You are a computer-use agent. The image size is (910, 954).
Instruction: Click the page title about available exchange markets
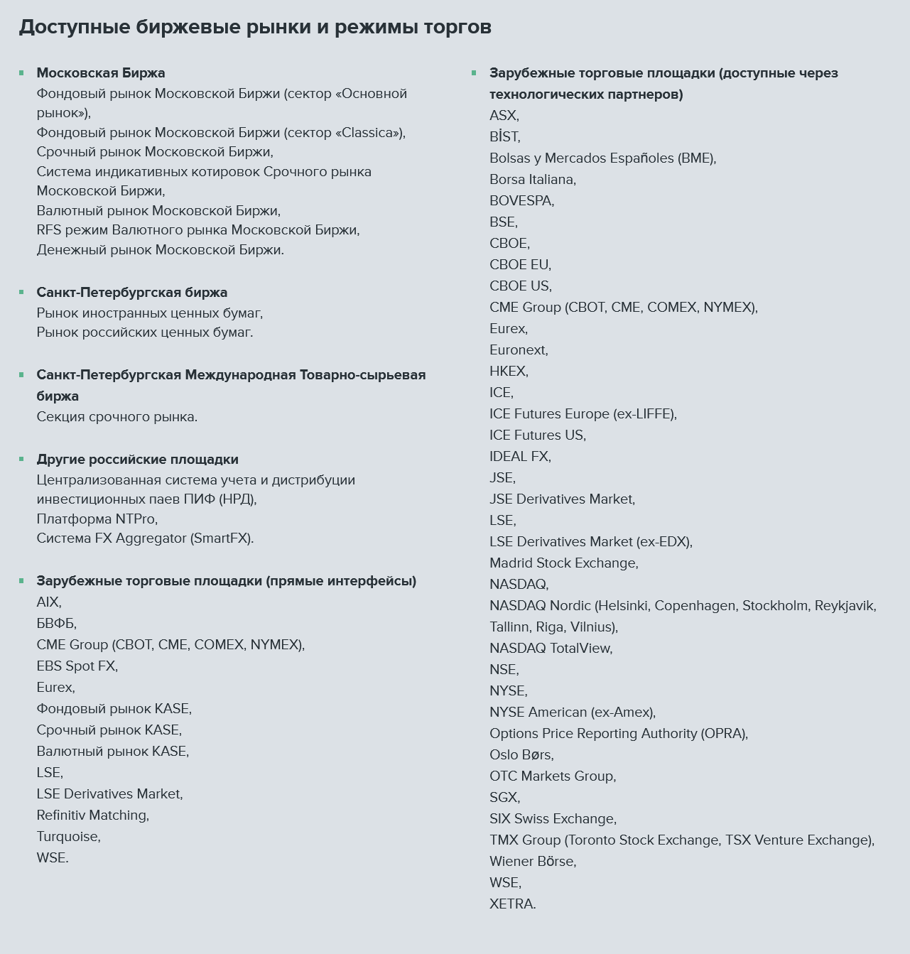tap(254, 27)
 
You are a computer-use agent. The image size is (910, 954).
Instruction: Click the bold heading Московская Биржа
tap(101, 73)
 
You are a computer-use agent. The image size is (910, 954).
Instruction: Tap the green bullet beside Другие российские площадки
tap(21, 459)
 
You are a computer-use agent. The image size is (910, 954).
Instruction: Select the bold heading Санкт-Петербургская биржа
tap(132, 293)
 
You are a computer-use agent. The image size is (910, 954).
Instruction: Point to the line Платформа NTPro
tap(97, 519)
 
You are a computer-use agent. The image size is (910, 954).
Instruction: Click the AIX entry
tap(48, 602)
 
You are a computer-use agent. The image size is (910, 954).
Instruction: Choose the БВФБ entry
tap(56, 624)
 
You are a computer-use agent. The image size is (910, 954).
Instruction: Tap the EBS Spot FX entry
tap(77, 666)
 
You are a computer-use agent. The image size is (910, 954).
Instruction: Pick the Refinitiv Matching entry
tap(92, 815)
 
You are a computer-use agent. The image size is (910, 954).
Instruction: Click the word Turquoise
tap(68, 837)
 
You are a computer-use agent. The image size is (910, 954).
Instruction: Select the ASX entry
tap(504, 116)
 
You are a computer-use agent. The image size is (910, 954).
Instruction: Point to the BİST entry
tap(504, 137)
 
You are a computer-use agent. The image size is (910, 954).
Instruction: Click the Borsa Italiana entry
tap(532, 180)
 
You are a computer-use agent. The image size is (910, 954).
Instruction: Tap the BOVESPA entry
tap(521, 201)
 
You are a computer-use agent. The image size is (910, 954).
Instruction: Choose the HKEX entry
tap(509, 372)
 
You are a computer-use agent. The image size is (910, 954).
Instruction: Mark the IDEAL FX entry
tap(520, 457)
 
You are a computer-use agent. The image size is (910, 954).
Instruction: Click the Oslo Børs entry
tap(521, 755)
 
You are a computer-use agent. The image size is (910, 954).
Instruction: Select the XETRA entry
tap(512, 904)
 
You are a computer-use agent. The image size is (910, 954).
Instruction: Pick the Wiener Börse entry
tap(532, 862)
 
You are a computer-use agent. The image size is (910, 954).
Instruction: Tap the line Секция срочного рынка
tap(117, 417)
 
